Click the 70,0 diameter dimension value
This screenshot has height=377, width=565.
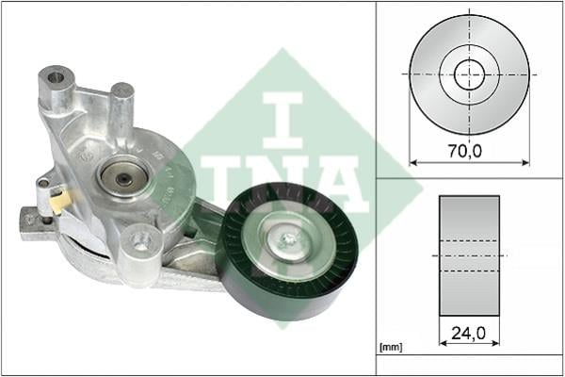465,151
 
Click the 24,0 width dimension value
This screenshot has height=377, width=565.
468,333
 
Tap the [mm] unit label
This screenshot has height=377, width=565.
391,347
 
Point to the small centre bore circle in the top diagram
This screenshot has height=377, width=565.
469,74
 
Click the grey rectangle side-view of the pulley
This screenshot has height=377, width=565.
469,255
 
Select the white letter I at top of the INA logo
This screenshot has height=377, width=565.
282,120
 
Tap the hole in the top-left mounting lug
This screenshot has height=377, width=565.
56,77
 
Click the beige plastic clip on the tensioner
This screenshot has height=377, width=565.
60,202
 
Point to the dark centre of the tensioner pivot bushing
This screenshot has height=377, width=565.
124,178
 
